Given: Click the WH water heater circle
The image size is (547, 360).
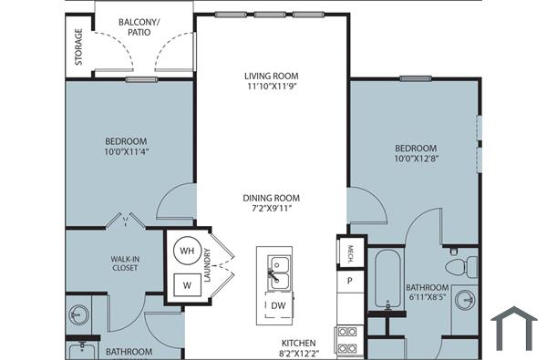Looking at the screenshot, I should (187, 251).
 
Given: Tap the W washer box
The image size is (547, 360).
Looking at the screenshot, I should (187, 285).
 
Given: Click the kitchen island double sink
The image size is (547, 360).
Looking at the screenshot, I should (279, 269).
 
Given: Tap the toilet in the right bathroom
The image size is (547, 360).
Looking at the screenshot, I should (459, 267).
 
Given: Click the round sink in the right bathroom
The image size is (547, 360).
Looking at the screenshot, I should (467, 299).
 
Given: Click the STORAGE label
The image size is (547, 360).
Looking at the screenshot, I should (79, 47).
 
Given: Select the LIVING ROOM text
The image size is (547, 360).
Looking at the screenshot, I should (272, 76).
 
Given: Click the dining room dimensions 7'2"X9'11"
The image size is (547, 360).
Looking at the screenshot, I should (271, 209).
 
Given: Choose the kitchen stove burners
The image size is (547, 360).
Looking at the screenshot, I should (347, 339).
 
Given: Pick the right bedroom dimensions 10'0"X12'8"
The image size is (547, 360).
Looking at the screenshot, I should (415, 160).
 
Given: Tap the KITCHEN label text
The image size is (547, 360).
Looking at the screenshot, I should (298, 344).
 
